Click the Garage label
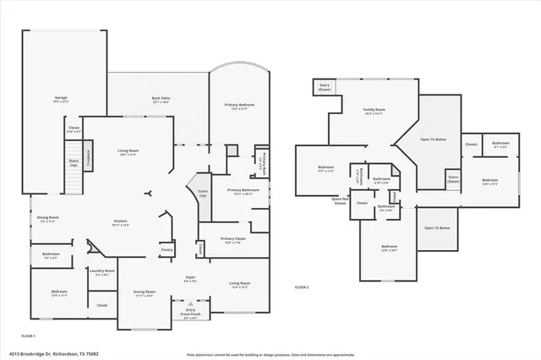(60, 98)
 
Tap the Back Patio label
(157, 98)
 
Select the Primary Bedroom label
(239, 106)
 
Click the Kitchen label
(121, 223)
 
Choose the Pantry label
(167, 250)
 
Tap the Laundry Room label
(104, 272)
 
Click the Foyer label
(191, 278)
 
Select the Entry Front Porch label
(190, 314)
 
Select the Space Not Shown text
(341, 201)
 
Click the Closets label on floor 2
(471, 144)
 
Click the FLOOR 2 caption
(302, 288)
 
